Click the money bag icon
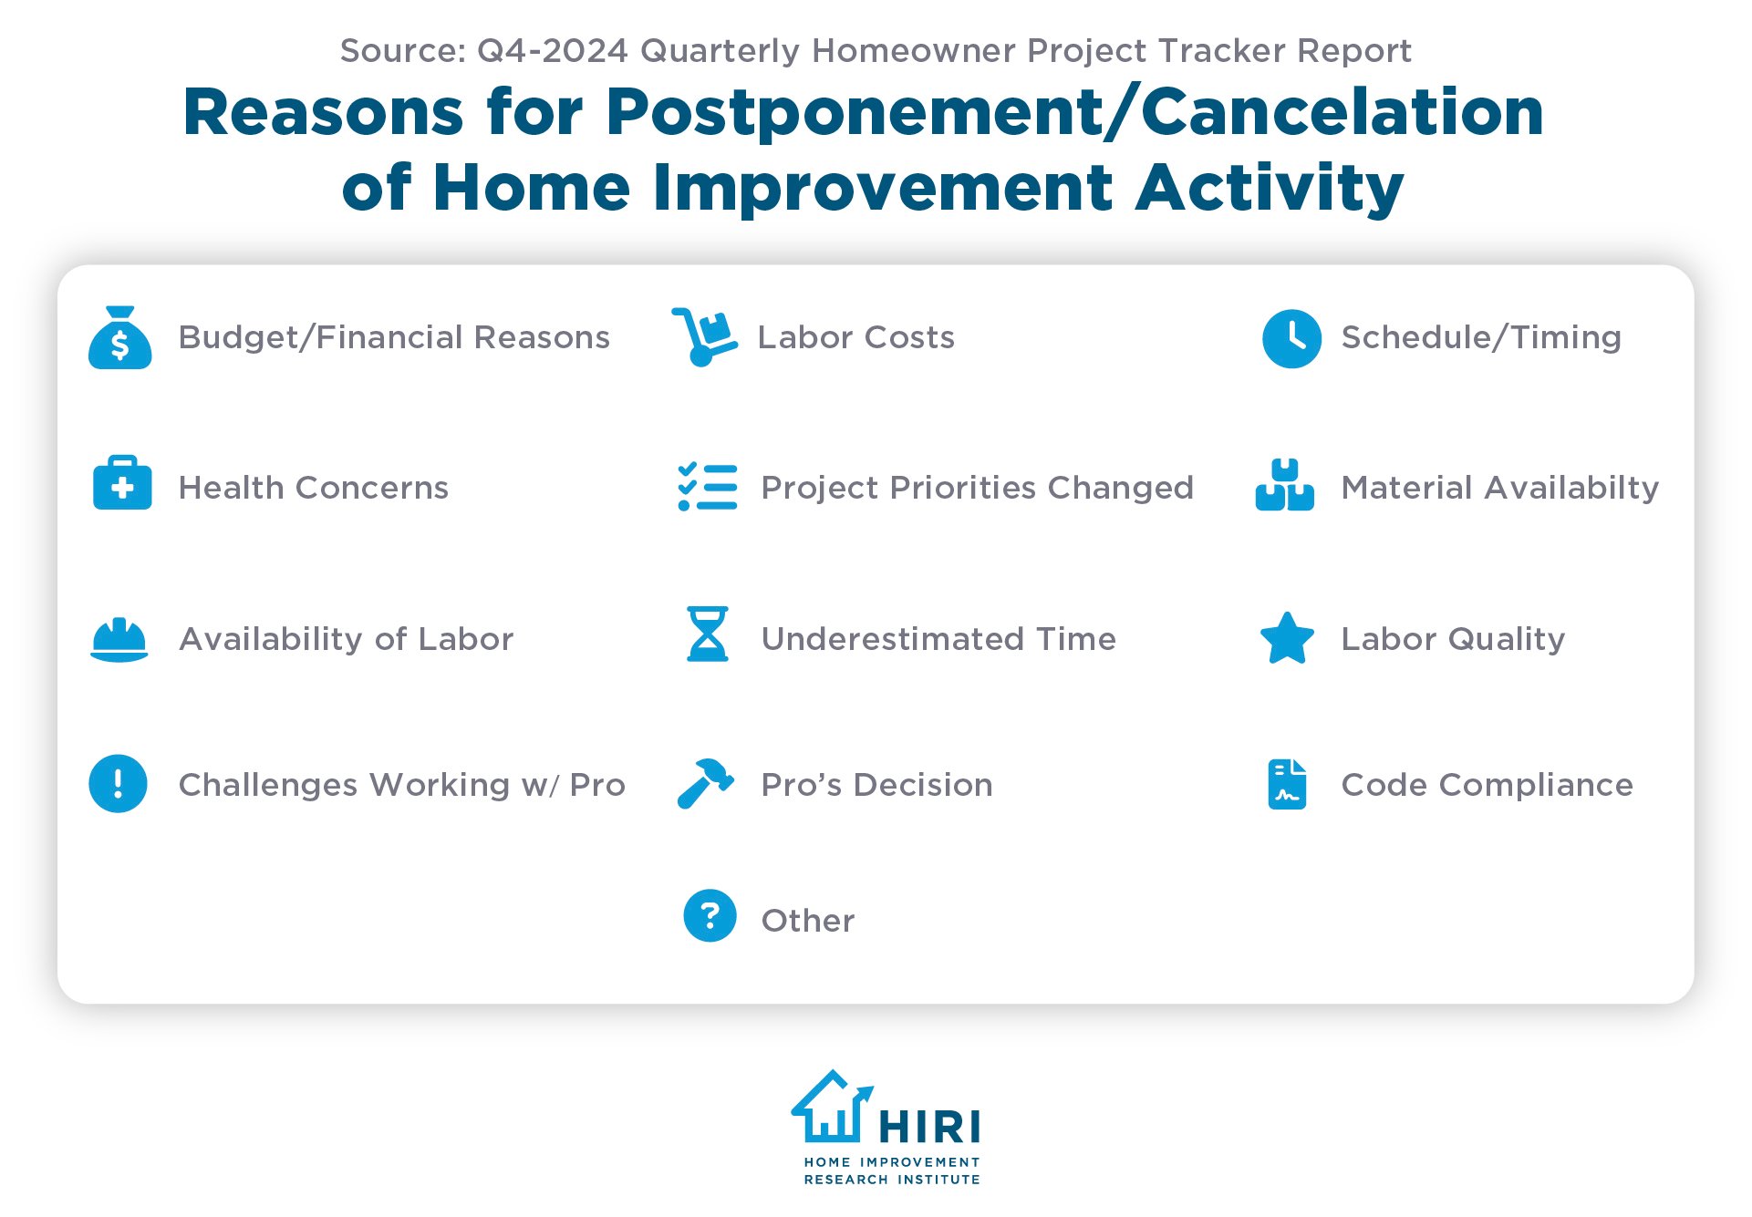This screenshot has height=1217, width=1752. pos(119,338)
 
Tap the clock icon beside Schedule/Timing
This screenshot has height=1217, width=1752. pos(1291,338)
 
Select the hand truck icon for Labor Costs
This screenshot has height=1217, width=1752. pos(704,337)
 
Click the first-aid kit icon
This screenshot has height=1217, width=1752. pos(122,483)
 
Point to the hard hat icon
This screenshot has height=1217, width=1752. pos(119,639)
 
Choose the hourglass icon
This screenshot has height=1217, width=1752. pos(708,634)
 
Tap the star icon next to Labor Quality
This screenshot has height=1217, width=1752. pos(1286,638)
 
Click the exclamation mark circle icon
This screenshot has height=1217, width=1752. pos(118,783)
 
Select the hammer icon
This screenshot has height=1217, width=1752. pos(705,784)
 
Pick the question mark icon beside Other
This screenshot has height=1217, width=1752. pos(710,915)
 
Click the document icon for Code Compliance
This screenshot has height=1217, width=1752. pos(1287,784)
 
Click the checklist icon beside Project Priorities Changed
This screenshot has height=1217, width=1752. pos(708,487)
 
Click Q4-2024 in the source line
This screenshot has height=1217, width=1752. pos(553,51)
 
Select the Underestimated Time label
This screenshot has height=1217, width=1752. pos(938,639)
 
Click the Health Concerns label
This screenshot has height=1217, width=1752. pos(313,488)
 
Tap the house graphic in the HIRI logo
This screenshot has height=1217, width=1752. pos(831,1107)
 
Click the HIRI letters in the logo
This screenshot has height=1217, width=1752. pos(929,1128)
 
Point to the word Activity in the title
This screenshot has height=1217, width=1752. pos(1269,188)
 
